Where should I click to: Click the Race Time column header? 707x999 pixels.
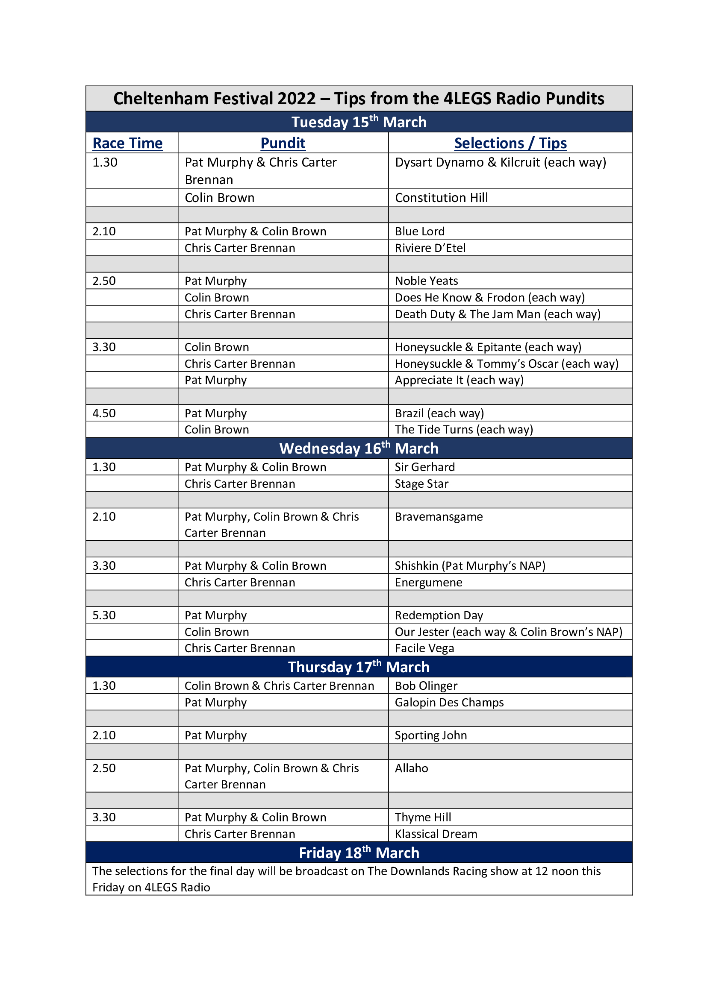coord(127,143)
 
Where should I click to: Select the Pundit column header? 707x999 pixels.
coord(283,143)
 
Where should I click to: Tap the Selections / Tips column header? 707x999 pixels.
coord(510,143)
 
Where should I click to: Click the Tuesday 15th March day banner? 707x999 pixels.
coord(359,122)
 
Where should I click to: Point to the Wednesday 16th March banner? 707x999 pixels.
coord(359,448)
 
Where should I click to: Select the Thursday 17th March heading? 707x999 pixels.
coord(359,667)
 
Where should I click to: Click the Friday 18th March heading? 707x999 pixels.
coord(359,853)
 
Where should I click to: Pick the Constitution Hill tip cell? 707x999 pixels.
coord(442,198)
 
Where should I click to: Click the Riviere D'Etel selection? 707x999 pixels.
coord(430,248)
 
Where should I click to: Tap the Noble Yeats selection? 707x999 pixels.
coord(426,281)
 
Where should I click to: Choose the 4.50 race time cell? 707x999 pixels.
coord(104,413)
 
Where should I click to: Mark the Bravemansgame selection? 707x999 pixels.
coord(439,516)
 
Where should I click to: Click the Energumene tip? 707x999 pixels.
coord(428,582)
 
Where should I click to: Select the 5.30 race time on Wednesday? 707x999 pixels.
coord(104,615)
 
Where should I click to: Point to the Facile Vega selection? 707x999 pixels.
coord(424,648)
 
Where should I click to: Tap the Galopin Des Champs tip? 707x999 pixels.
coord(449,702)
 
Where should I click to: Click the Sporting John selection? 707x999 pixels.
coord(430,735)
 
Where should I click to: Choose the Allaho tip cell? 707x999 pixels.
coord(411,768)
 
